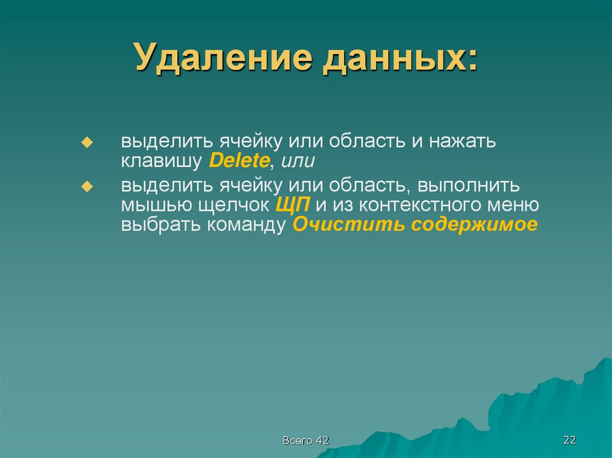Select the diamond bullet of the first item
point(87,143)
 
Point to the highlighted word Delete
point(240,161)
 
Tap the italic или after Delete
point(298,162)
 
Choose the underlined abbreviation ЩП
point(293,205)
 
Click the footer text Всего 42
point(306,440)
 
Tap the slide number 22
point(569,440)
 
